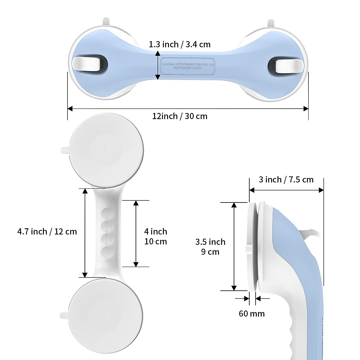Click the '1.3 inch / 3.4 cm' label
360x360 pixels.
point(180,44)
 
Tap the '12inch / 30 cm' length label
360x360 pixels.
point(180,116)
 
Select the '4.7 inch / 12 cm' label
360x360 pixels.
point(47,232)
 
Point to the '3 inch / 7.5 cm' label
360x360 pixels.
point(286,180)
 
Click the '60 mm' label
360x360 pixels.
point(252,313)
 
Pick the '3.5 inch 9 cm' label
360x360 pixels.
point(210,247)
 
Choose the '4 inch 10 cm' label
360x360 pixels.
point(155,236)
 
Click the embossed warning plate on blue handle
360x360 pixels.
point(187,66)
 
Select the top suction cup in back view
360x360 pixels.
point(106,150)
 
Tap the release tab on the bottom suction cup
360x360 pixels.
point(64,316)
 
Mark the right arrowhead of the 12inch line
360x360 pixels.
point(306,109)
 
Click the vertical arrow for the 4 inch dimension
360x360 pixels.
point(136,233)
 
